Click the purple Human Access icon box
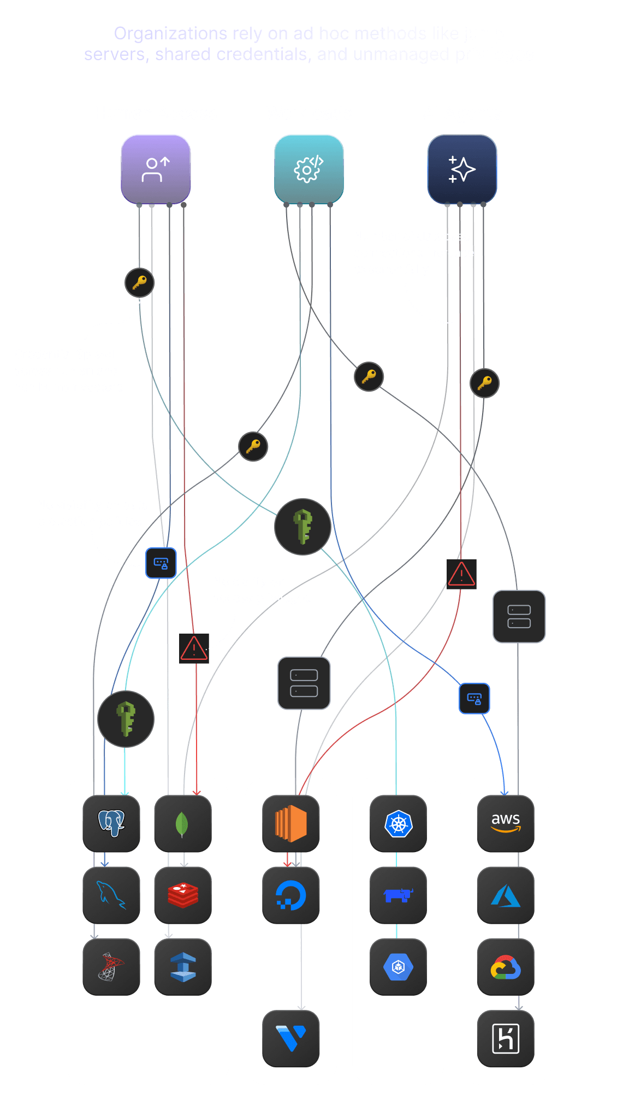(156, 169)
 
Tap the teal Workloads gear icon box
(308, 169)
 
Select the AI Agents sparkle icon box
(462, 169)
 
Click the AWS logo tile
(506, 823)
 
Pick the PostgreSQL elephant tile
(111, 823)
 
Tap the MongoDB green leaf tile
(183, 823)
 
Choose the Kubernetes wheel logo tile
(398, 823)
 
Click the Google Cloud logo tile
(506, 967)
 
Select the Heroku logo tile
(506, 1038)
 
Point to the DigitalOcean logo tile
(291, 895)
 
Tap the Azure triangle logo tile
(506, 895)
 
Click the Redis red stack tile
(183, 895)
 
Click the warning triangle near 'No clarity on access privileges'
(194, 648)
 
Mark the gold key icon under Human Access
(139, 282)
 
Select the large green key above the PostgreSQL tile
(126, 719)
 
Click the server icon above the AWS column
(519, 617)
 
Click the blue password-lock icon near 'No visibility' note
(161, 563)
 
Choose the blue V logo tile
(291, 1038)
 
